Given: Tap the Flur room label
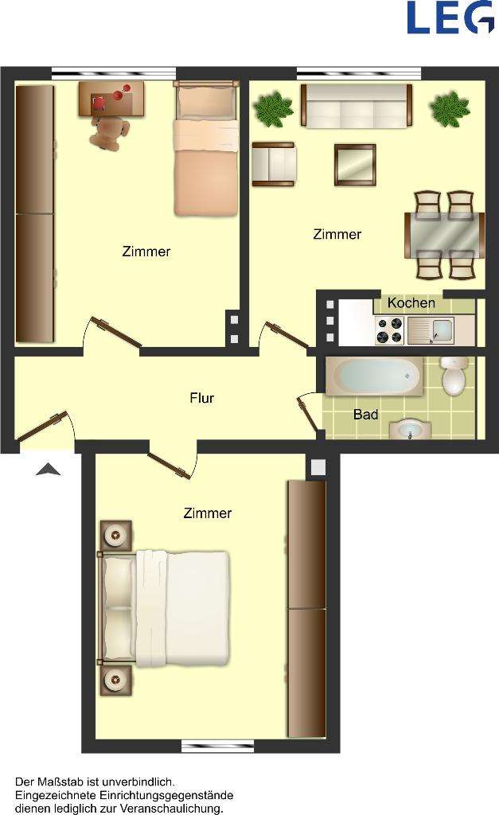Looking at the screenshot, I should [x=202, y=398].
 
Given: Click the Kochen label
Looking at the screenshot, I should [x=411, y=303].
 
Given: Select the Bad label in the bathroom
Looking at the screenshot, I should [x=365, y=415].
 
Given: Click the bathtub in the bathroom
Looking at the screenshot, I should [x=373, y=376].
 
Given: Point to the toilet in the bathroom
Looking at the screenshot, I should [x=454, y=376].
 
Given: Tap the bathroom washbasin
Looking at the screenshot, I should [x=410, y=431].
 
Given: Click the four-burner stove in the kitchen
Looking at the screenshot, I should [x=390, y=330].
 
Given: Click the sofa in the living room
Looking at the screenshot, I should [x=357, y=106].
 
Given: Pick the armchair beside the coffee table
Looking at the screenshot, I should [x=273, y=163].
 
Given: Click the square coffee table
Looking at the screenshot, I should [x=354, y=165].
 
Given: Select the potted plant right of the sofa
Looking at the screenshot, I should [x=450, y=108].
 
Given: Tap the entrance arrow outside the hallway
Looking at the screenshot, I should [x=49, y=470].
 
